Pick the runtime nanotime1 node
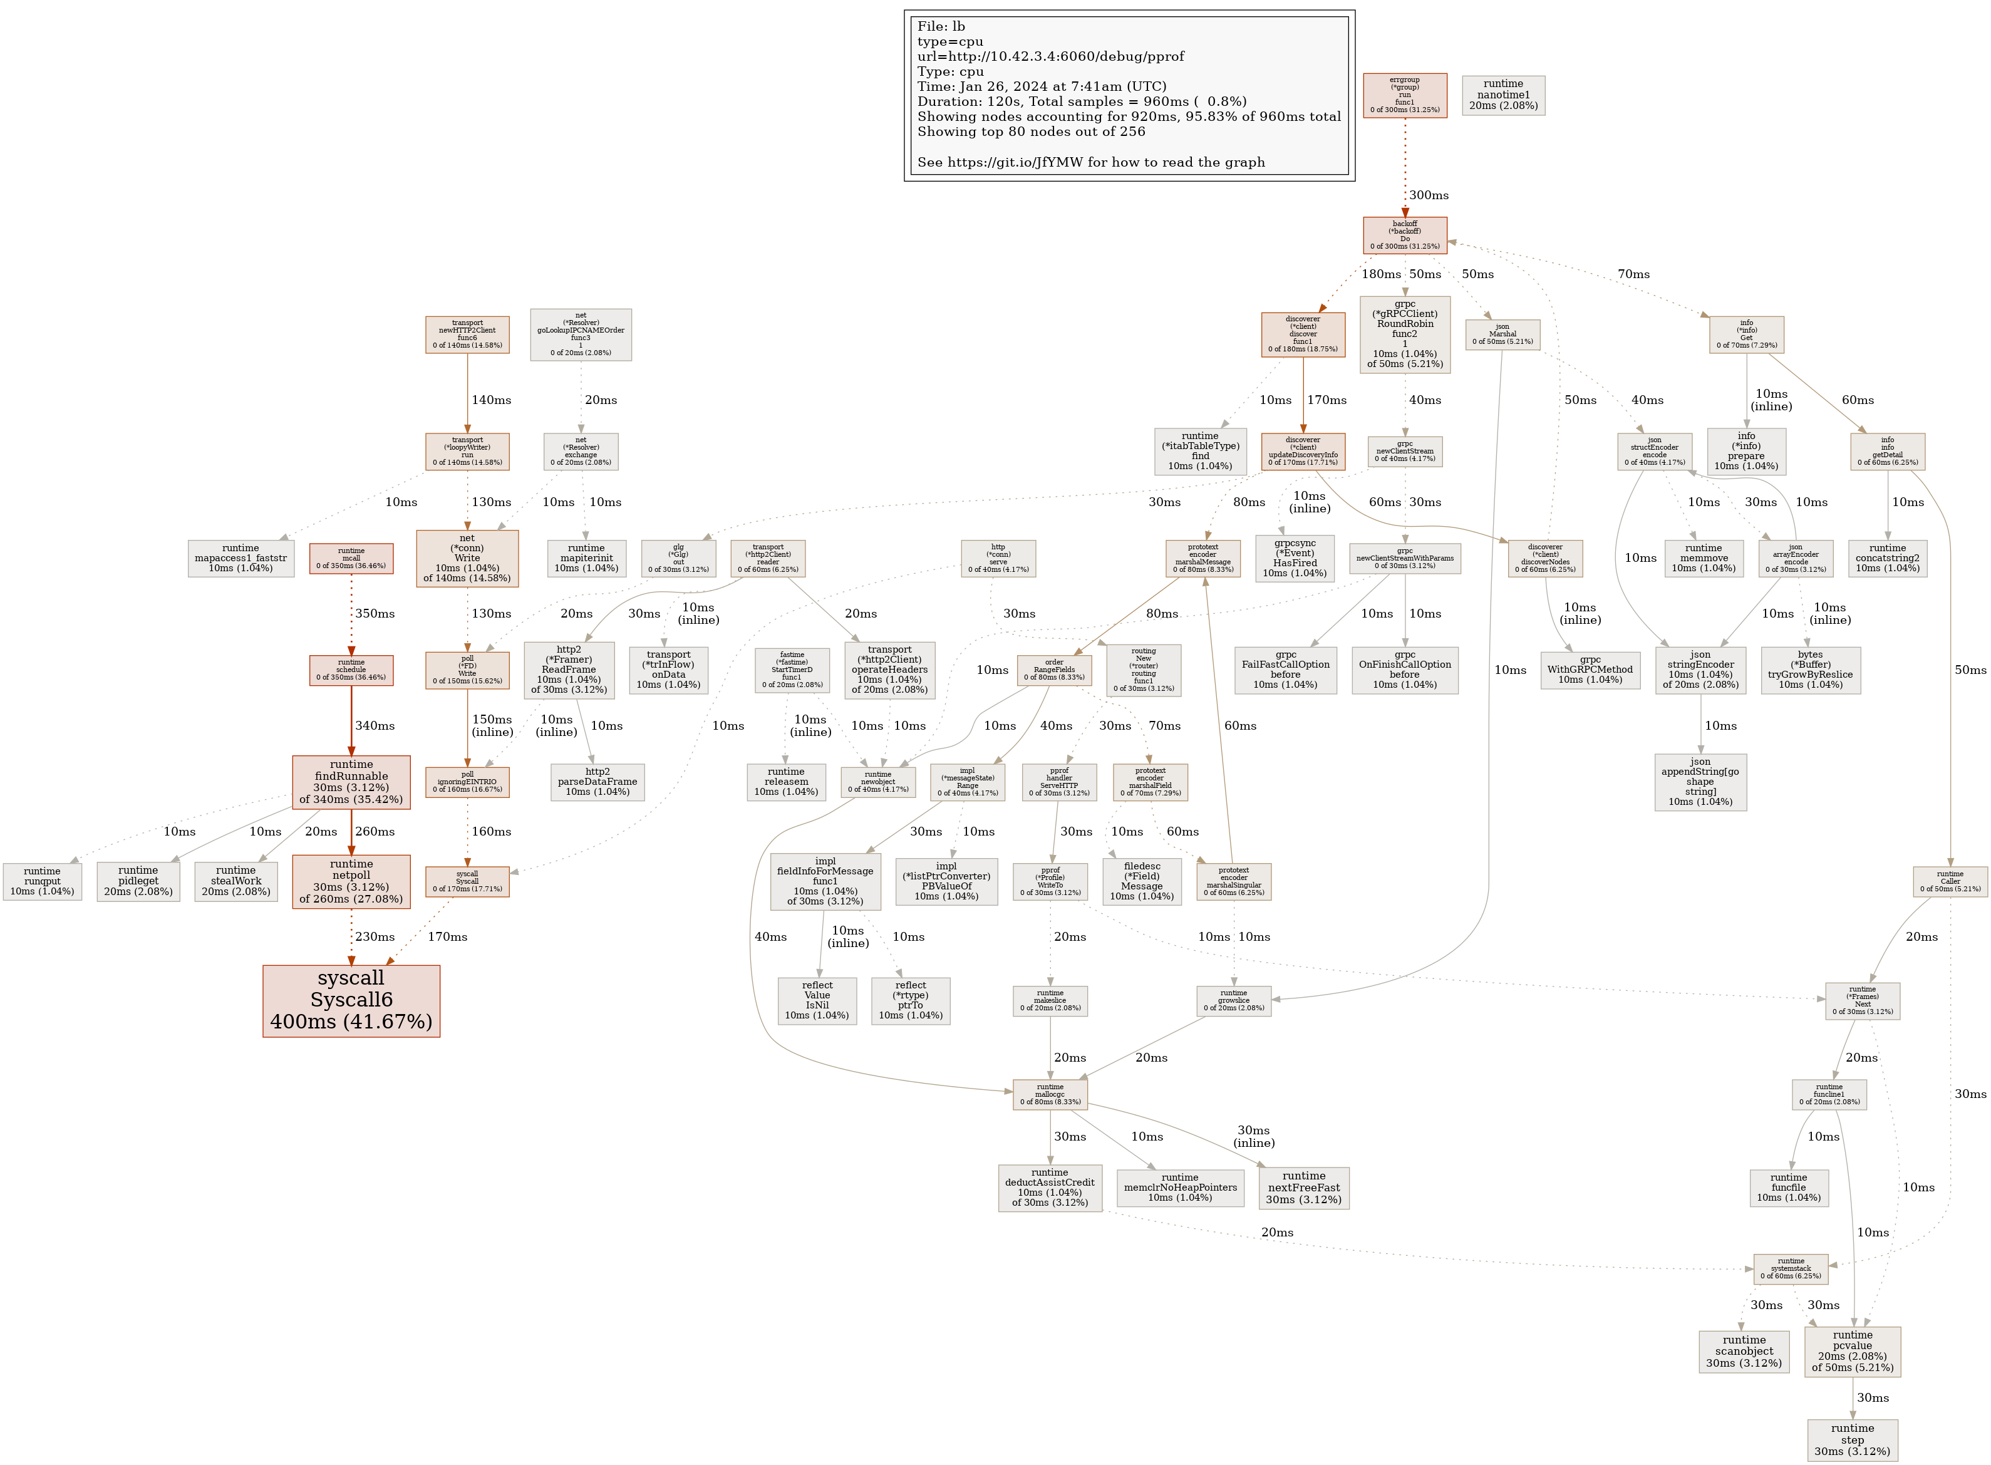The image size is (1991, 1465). click(1502, 95)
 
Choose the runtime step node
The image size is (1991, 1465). click(1852, 1439)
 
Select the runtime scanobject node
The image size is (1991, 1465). click(1744, 1350)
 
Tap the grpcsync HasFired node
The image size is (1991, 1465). click(1294, 558)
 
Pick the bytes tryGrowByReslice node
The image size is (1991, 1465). click(1809, 670)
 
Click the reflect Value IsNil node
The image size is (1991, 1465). click(817, 1000)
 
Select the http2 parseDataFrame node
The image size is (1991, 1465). click(597, 781)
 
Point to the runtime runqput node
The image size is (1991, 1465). click(42, 881)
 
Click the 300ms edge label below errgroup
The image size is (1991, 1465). click(1428, 195)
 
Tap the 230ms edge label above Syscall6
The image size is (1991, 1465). click(375, 936)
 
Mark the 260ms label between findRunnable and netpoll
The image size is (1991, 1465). click(375, 831)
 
